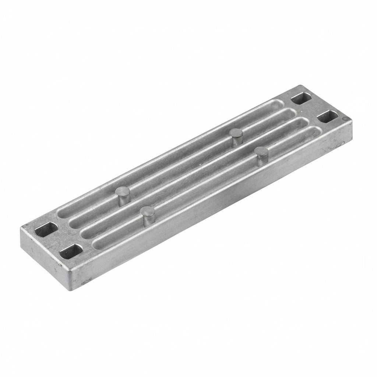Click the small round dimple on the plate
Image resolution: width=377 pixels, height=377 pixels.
coord(344,119)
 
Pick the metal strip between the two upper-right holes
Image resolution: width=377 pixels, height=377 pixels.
coord(313,108)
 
